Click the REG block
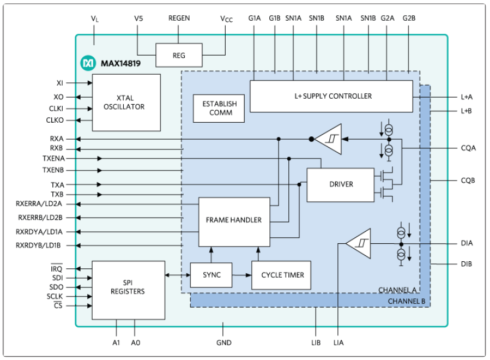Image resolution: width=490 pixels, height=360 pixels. tap(179, 55)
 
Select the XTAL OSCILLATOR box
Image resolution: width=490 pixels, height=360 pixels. tap(126, 103)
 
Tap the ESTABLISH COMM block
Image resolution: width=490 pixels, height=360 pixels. tap(219, 108)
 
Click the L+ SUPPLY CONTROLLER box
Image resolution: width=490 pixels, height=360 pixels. tap(331, 96)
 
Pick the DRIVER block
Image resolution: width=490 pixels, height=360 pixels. tap(341, 184)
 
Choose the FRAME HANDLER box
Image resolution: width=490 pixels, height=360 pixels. tap(234, 220)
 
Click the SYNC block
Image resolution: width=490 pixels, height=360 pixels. tap(211, 275)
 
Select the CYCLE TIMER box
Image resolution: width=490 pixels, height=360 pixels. tap(281, 275)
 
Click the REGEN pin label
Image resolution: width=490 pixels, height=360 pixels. tap(179, 18)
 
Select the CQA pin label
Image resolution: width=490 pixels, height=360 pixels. tap(468, 147)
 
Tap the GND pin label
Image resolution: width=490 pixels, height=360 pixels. tap(224, 343)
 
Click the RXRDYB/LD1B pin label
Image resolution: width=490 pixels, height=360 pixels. tap(38, 245)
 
